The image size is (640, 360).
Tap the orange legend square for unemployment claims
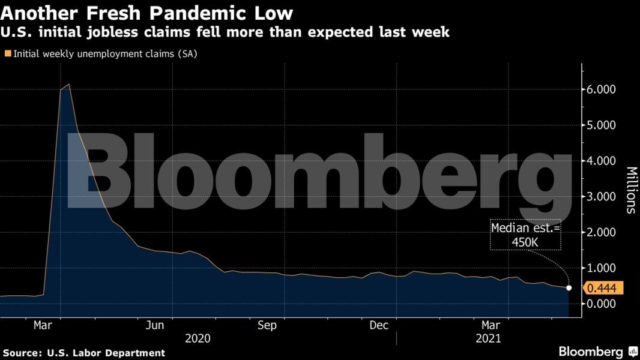7,53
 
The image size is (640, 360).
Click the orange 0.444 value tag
605,289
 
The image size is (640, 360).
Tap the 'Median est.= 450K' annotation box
525,234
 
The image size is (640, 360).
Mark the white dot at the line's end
569,288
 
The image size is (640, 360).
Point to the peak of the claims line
70,85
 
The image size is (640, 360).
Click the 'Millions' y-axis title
630,190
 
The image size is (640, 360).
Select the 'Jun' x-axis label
155,325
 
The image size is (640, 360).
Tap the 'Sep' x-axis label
267,325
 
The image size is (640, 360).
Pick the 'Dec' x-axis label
378,325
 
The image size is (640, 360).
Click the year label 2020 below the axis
198,338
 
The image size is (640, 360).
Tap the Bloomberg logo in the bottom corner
597,352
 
